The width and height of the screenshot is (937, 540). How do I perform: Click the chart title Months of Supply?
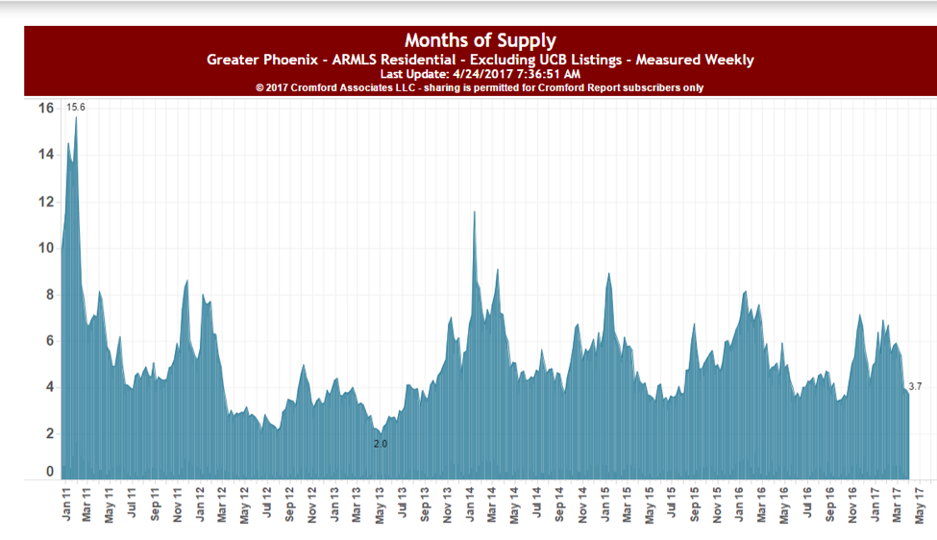click(480, 40)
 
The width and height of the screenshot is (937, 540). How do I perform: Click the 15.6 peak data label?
click(76, 107)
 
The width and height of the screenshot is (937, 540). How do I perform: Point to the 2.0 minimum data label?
click(380, 444)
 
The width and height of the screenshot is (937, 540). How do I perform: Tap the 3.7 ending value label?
click(915, 386)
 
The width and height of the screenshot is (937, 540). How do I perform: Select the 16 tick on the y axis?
click(45, 108)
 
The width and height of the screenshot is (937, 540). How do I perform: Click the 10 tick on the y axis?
click(45, 248)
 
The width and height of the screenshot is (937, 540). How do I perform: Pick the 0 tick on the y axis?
click(49, 472)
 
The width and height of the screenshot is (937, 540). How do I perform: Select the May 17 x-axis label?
click(921, 504)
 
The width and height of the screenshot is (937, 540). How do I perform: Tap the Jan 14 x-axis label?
click(472, 504)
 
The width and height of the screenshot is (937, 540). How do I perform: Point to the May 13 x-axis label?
click(381, 504)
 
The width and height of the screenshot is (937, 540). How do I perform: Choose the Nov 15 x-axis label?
click(718, 504)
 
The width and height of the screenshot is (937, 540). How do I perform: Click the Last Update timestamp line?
click(480, 74)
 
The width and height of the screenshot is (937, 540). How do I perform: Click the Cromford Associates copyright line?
click(480, 87)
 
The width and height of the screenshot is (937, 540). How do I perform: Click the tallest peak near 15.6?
click(76, 118)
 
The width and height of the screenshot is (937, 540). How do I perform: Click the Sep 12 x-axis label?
click(290, 504)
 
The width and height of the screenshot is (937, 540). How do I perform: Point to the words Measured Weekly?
click(700, 60)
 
